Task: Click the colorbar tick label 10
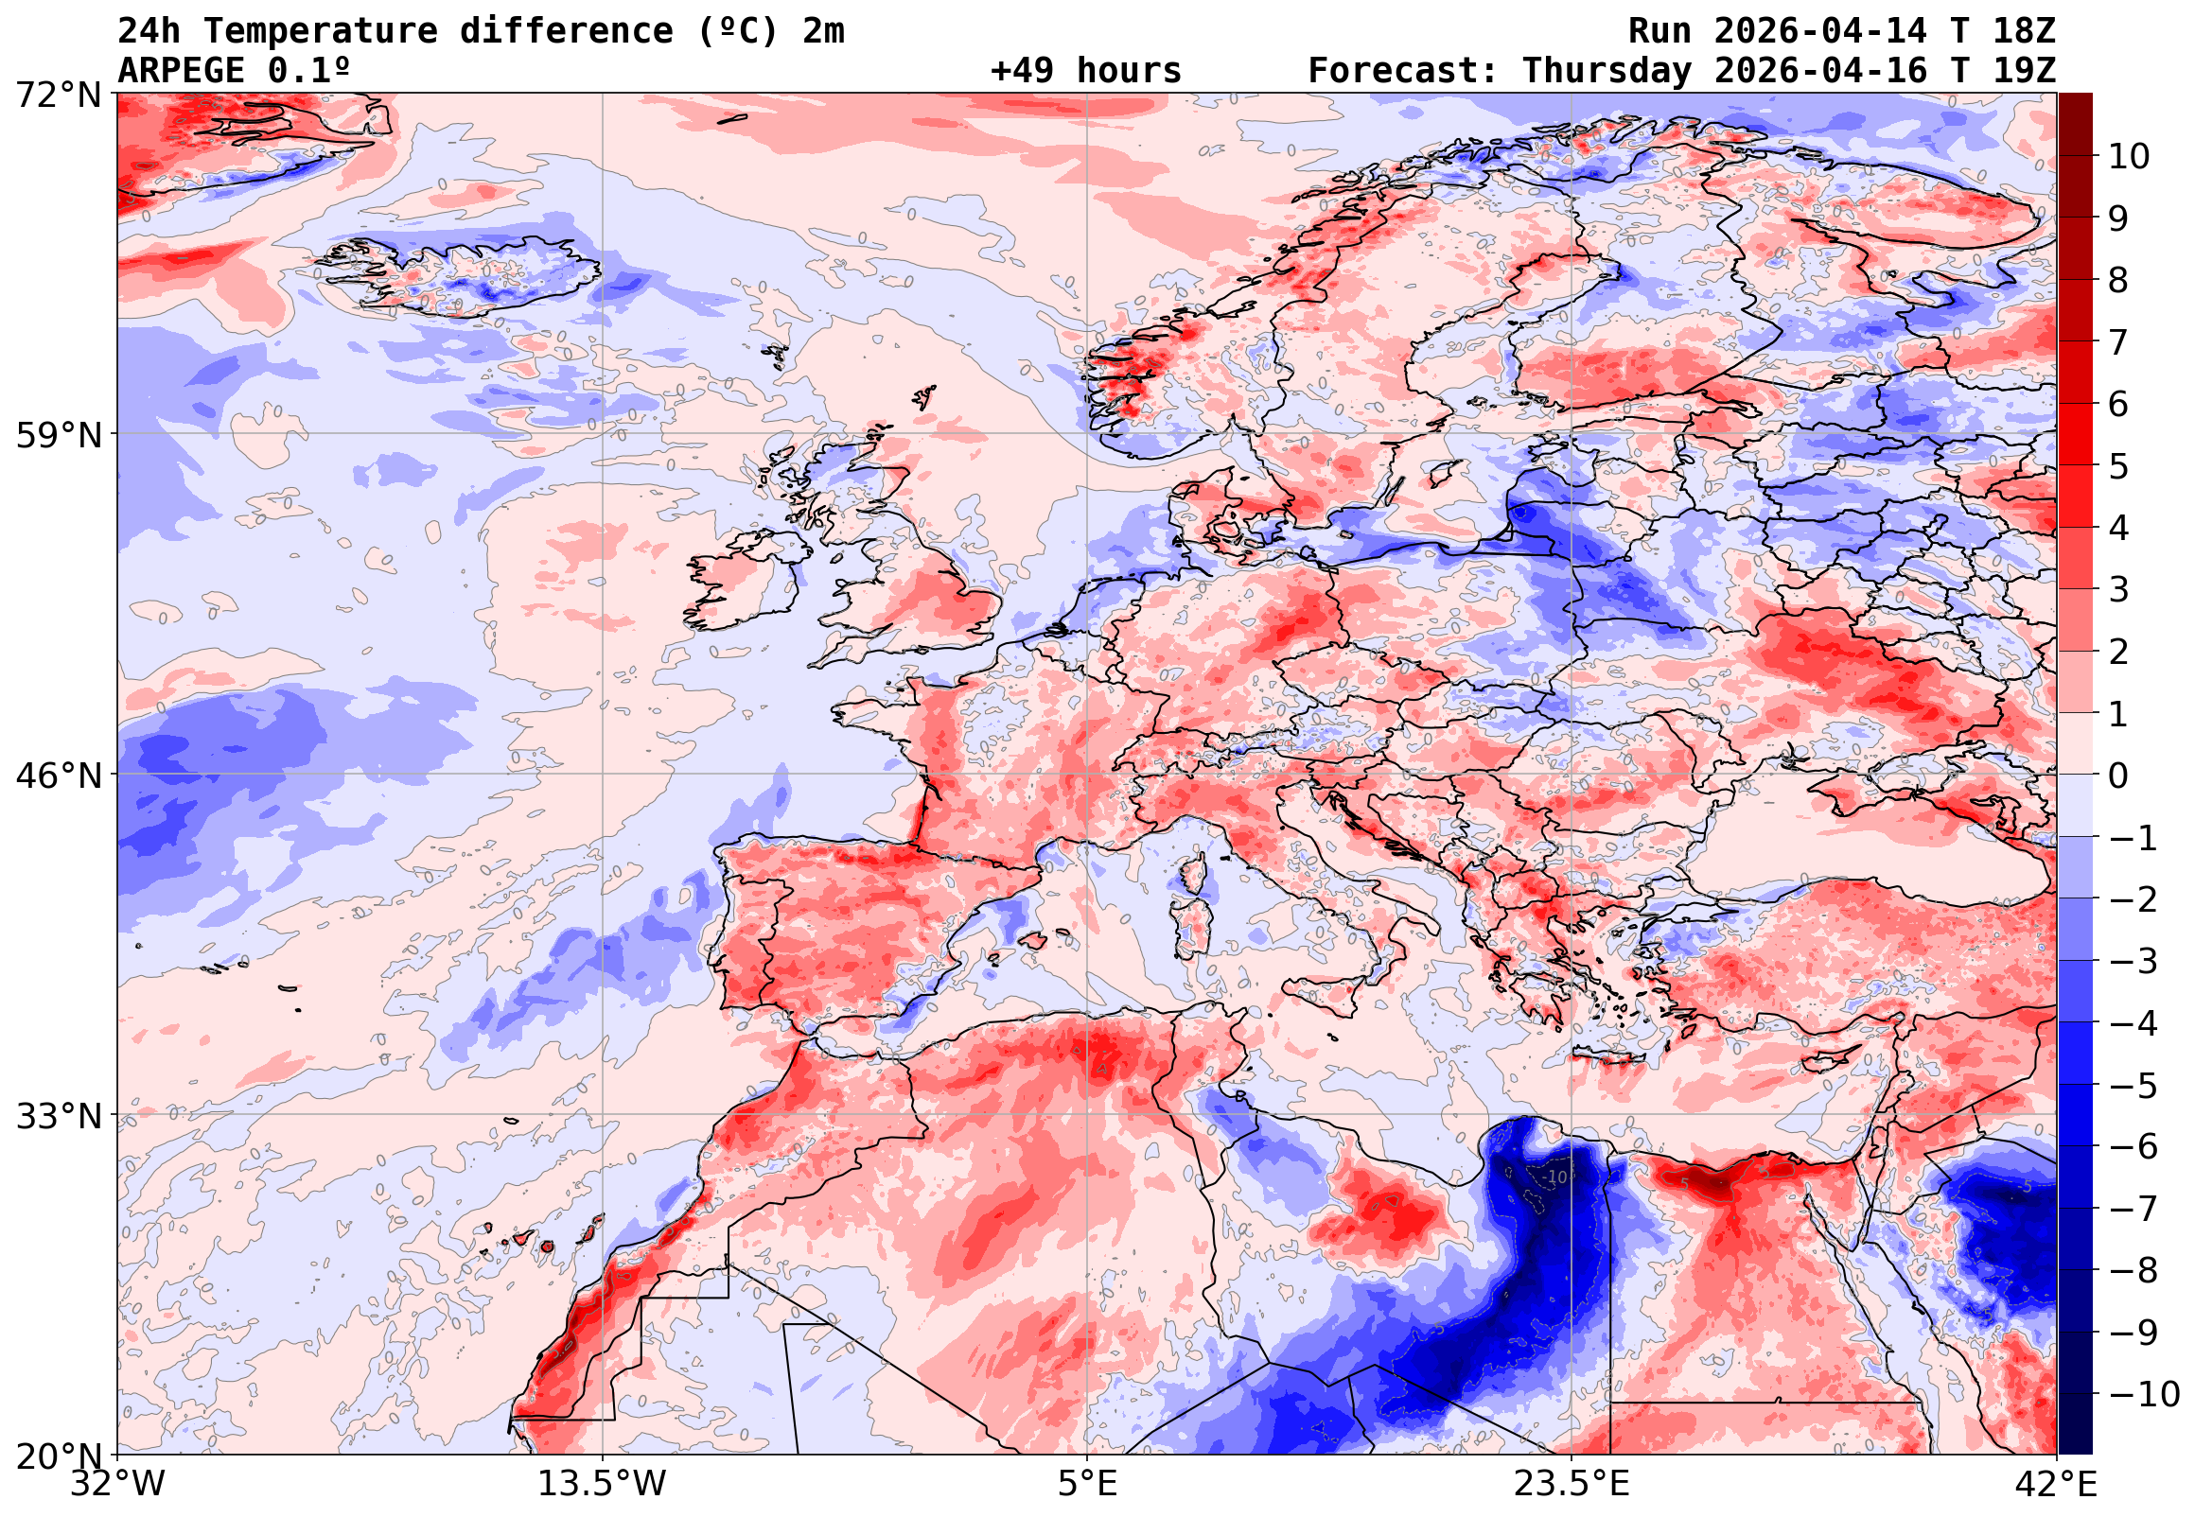click(2129, 157)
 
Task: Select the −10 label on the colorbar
click(2143, 1394)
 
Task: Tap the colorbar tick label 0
click(2118, 776)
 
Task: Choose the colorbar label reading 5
click(2118, 466)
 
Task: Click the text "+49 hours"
click(1085, 70)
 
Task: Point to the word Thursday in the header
click(1607, 70)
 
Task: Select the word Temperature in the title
click(321, 31)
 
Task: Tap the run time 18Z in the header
click(2023, 31)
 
